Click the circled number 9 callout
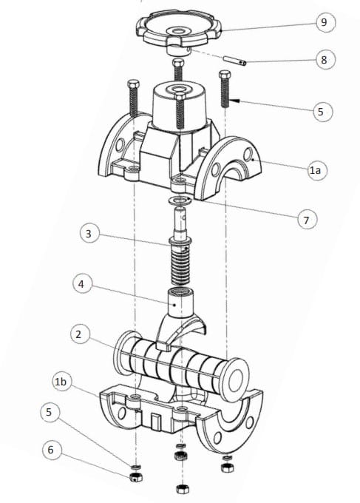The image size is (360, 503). [x=323, y=22]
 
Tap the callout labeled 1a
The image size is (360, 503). [x=316, y=170]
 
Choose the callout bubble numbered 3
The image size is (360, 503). [x=89, y=234]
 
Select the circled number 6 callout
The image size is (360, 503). [x=50, y=449]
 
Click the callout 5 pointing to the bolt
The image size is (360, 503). [x=319, y=112]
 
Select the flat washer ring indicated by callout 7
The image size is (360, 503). [x=180, y=201]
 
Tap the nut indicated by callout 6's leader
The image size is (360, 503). [x=135, y=477]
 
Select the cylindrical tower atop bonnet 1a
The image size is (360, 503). [x=179, y=107]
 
